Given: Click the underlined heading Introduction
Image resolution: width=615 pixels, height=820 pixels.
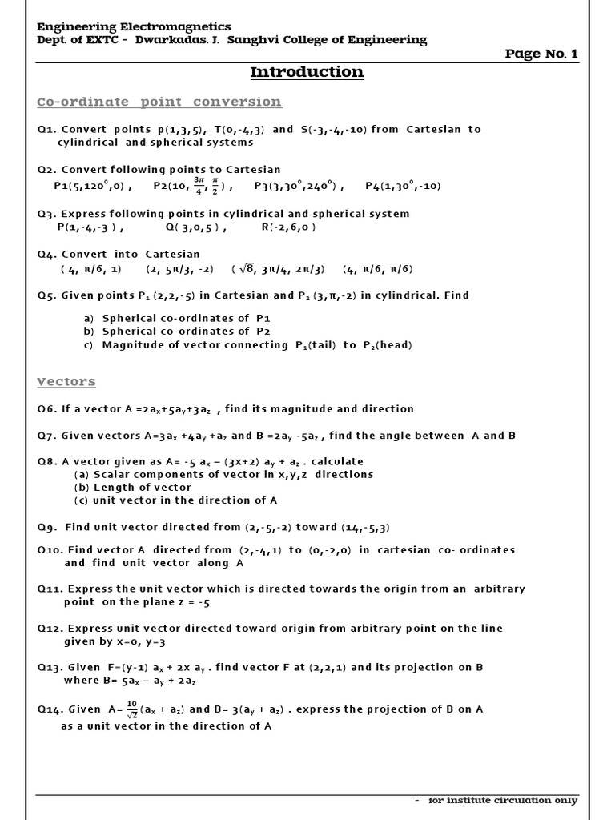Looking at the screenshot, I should [307, 72].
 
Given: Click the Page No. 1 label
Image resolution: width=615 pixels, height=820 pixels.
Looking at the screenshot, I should [541, 54].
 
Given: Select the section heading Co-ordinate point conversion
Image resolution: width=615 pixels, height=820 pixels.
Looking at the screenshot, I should [159, 102].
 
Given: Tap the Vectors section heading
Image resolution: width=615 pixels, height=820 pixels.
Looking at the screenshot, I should [66, 381].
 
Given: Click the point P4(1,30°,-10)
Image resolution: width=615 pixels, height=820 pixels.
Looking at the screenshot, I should [403, 187].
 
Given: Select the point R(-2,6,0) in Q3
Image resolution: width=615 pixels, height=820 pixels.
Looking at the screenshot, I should [288, 227].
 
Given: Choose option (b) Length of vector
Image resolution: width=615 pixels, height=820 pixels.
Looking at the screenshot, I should [133, 487].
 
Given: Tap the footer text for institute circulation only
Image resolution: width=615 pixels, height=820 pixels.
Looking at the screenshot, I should [502, 800].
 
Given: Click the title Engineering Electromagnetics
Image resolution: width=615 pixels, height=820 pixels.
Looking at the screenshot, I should [135, 26].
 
